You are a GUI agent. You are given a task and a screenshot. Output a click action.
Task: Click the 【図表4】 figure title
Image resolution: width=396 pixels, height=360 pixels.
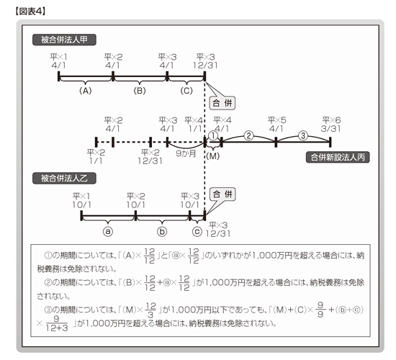(x=30, y=12)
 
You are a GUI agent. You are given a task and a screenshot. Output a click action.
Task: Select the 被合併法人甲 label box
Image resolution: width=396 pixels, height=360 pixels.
(x=64, y=40)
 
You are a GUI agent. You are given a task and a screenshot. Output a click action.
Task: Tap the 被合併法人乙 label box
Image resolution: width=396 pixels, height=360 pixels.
(x=64, y=178)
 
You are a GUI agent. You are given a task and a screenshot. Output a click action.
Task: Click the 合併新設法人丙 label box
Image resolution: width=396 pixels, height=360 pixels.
(x=338, y=157)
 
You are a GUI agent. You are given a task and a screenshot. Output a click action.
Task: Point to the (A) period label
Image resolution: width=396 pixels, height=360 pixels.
(x=86, y=91)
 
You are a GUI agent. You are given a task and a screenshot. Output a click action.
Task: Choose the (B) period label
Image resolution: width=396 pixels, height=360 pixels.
(x=140, y=91)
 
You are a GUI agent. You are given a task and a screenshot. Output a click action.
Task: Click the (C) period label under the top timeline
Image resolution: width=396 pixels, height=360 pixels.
(x=186, y=91)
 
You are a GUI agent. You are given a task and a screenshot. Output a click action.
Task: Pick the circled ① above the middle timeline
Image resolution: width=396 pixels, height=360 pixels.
(x=213, y=136)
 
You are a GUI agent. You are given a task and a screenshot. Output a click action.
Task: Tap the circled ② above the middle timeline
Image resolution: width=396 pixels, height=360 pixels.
(x=249, y=136)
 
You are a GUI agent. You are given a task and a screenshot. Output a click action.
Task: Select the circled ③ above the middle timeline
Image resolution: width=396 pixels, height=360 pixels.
(x=303, y=136)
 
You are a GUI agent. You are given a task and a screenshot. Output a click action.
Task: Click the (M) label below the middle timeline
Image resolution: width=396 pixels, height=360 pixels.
(x=213, y=156)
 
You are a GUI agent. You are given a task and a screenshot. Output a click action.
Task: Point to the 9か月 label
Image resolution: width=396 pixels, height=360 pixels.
(x=186, y=153)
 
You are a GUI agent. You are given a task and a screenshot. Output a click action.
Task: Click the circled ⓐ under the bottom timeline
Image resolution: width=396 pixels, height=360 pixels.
(x=108, y=231)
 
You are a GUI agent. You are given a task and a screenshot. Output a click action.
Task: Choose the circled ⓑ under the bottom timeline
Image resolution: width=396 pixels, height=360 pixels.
(x=162, y=231)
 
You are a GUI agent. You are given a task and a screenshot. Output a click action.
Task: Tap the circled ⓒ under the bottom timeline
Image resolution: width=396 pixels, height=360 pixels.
(x=197, y=231)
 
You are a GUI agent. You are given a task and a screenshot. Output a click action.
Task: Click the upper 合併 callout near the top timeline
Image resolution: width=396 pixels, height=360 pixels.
(x=222, y=103)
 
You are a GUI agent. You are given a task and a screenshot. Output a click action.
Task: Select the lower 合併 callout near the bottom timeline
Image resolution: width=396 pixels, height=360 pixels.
(x=222, y=194)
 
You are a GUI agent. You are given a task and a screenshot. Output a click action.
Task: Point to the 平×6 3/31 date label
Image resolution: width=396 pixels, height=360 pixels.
(x=331, y=125)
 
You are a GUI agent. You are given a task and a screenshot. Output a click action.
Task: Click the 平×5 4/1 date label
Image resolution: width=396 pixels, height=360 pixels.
(x=276, y=125)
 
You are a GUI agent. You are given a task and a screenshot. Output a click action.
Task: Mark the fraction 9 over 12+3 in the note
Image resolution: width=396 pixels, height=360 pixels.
(x=57, y=323)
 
